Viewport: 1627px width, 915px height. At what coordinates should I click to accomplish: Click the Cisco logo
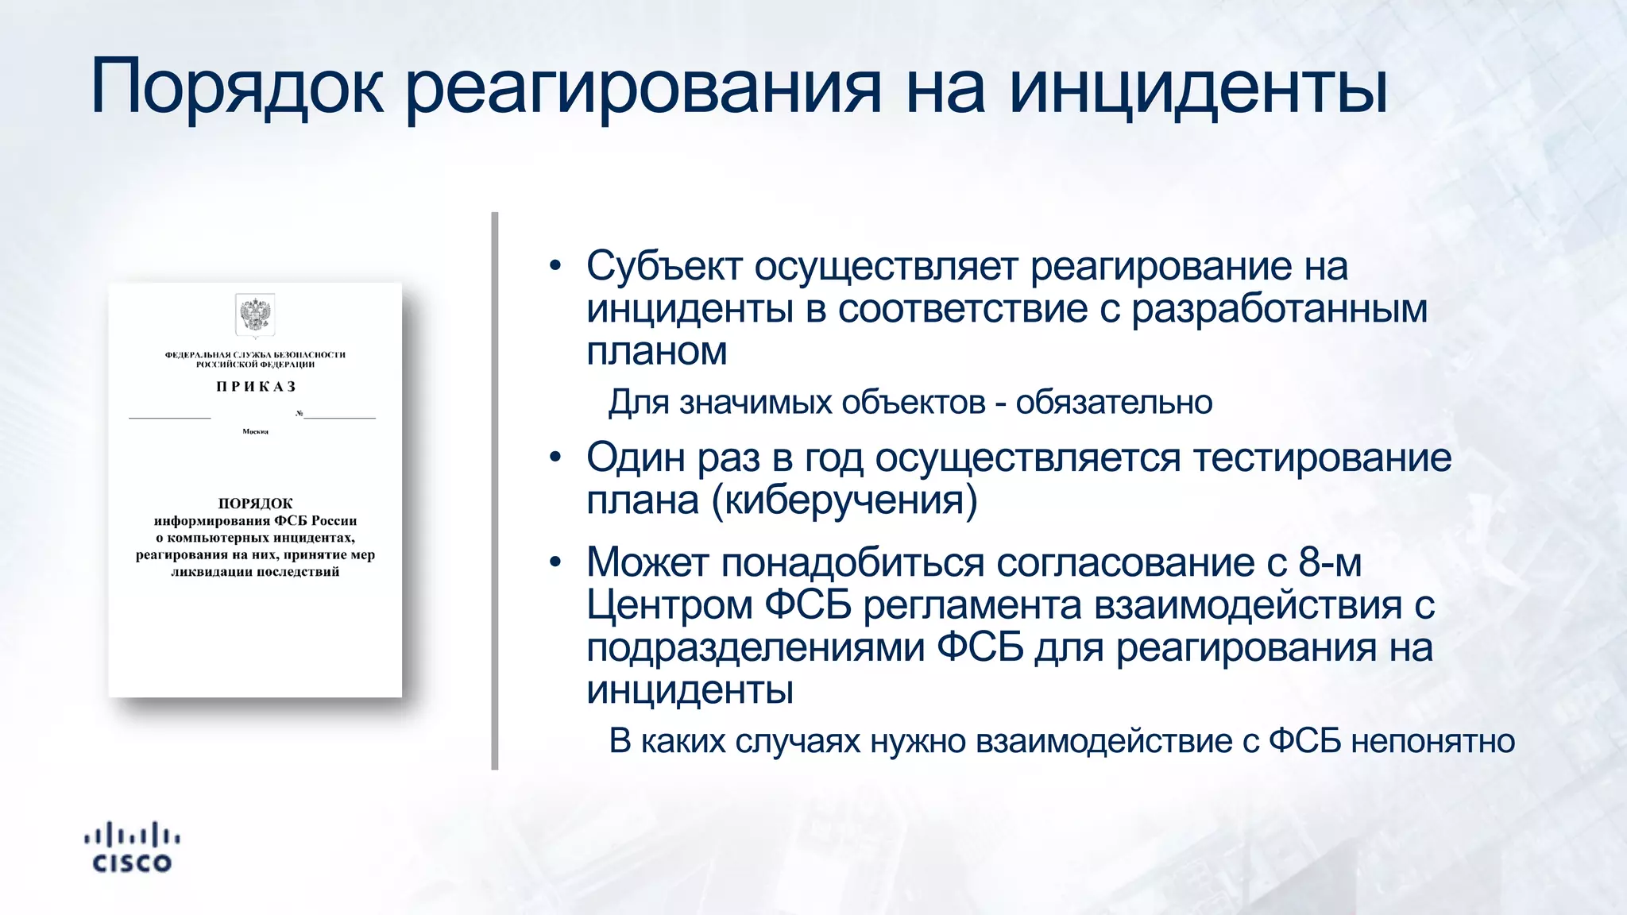click(132, 847)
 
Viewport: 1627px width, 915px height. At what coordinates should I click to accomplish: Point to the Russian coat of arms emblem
click(255, 315)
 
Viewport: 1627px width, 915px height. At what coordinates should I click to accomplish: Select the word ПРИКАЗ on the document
click(256, 387)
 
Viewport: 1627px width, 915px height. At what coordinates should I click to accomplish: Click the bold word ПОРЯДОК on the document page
click(255, 504)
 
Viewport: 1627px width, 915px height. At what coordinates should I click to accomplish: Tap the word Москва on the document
click(255, 431)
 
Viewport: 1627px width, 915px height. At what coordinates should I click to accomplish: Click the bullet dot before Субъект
click(555, 265)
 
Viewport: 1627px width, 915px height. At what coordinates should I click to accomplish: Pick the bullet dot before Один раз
click(555, 457)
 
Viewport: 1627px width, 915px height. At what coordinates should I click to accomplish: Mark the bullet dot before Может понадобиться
click(555, 562)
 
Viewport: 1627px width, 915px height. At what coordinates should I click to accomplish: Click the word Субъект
click(664, 266)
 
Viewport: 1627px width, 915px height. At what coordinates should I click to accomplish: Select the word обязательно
click(1114, 403)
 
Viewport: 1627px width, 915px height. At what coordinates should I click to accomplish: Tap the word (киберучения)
click(844, 500)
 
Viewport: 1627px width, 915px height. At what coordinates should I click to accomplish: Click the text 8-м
click(1330, 562)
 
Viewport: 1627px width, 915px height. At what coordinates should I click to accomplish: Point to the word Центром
click(669, 605)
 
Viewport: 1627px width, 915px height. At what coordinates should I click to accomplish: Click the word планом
click(656, 351)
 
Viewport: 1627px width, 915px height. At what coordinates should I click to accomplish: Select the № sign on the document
click(299, 413)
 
